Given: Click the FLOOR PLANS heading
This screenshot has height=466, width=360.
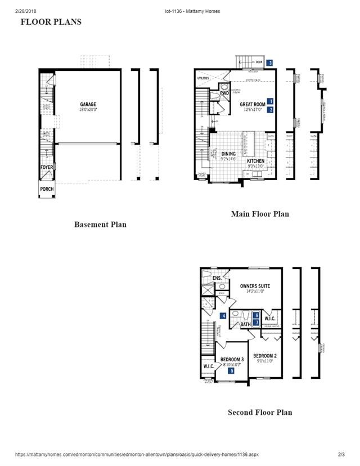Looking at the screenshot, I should [x=51, y=22].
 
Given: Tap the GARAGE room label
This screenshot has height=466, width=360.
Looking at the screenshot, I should [x=88, y=104].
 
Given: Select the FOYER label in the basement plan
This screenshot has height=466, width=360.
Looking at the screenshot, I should [x=46, y=167].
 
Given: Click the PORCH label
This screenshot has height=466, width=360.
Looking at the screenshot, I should [x=46, y=189].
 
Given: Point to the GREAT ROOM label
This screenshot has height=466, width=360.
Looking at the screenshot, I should [x=252, y=105].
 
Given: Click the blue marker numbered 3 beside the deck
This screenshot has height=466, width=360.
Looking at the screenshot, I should [x=270, y=62].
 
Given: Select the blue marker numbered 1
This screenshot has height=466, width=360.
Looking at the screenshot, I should [x=271, y=101].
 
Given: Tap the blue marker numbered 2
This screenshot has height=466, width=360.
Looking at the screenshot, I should [x=271, y=110].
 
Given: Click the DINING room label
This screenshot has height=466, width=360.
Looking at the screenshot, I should [x=228, y=154].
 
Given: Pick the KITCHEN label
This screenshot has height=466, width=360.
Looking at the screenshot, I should [x=255, y=161].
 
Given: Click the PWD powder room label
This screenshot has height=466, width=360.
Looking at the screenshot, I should [x=224, y=93].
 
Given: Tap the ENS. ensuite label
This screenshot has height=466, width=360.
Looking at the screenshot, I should [x=217, y=279].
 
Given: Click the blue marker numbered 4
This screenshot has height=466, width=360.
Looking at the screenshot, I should [x=223, y=316].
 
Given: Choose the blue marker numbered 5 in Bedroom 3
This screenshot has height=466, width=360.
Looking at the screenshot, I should [x=231, y=370].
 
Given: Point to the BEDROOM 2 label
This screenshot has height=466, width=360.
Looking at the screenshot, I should [x=264, y=356].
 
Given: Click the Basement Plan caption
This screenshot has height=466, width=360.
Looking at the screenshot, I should [x=100, y=225].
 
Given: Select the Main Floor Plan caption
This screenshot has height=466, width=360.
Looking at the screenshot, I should [x=260, y=214].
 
